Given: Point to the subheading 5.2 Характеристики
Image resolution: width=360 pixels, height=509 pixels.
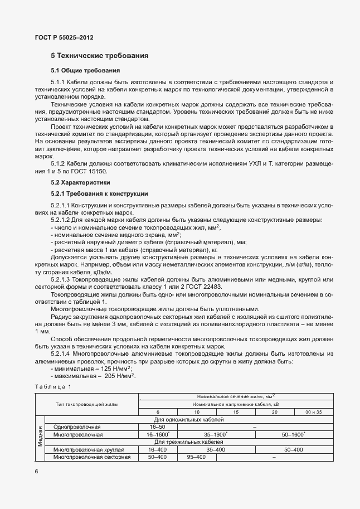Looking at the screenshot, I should (80, 182).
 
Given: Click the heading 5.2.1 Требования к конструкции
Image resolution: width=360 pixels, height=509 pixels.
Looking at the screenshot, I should (99, 193).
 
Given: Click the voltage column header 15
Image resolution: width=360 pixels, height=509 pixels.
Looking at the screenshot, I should (236, 411).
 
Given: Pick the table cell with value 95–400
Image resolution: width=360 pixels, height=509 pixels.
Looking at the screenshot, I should (196, 457).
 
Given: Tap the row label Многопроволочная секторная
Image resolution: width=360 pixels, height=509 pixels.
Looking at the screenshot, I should (91, 457).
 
